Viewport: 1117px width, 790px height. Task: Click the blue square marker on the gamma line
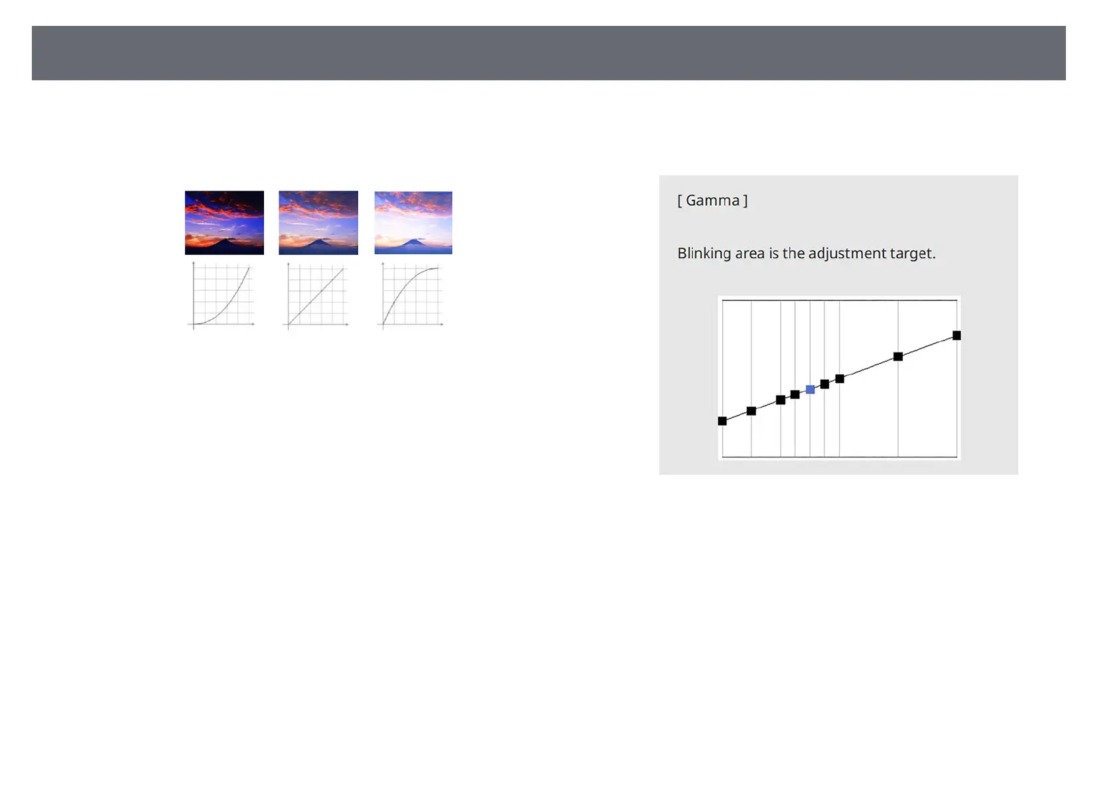click(x=811, y=389)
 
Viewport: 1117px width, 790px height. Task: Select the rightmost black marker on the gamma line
click(x=956, y=335)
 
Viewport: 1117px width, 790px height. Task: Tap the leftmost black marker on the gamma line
click(x=722, y=421)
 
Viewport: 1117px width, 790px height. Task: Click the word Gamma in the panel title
click(x=712, y=200)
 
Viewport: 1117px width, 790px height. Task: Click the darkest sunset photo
click(x=224, y=222)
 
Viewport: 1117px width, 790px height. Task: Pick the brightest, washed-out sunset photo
click(x=413, y=222)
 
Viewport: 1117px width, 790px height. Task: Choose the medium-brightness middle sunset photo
click(x=318, y=222)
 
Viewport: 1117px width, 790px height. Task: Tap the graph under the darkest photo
click(x=222, y=296)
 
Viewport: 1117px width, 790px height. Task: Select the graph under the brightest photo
click(x=411, y=296)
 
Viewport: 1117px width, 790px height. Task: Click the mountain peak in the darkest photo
click(x=224, y=240)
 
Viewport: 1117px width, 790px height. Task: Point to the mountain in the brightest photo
click(x=413, y=242)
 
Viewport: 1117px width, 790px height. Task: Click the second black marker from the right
click(x=897, y=356)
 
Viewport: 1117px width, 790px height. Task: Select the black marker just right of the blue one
click(x=824, y=384)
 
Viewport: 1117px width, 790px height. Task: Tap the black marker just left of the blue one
click(x=795, y=394)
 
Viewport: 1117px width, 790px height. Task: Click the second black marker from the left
click(x=751, y=411)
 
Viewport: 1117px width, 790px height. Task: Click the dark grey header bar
click(x=549, y=53)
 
